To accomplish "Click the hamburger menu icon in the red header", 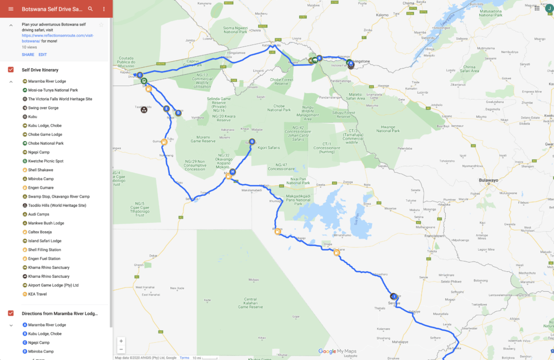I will tap(10, 9).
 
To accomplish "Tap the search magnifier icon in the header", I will tap(90, 9).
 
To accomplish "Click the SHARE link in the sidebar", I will tap(28, 55).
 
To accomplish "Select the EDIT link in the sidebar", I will tap(43, 55).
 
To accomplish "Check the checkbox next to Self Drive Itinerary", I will tap(11, 70).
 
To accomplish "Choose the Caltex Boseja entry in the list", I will tap(40, 232).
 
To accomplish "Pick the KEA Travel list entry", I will tap(38, 294).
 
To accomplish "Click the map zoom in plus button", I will tap(121, 341).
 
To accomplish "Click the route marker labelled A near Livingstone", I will tap(351, 63).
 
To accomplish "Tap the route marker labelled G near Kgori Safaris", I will tap(252, 142).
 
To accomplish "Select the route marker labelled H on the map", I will tap(233, 172).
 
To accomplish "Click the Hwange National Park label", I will tap(387, 129).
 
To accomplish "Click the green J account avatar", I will tap(549, 8).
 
